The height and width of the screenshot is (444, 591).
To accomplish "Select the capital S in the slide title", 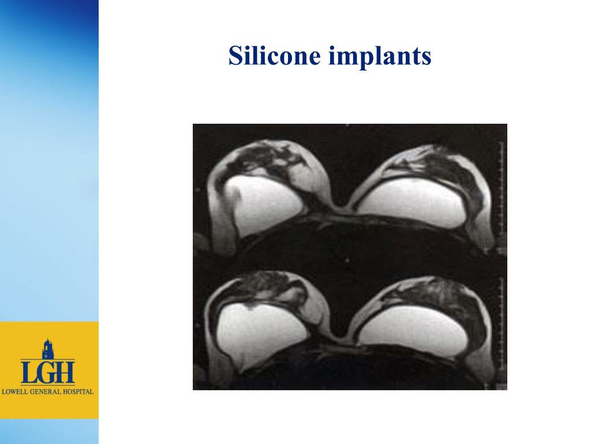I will [234, 57].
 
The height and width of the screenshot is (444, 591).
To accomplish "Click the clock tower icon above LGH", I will [47, 350].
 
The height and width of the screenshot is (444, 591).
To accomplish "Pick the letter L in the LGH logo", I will [28, 372].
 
